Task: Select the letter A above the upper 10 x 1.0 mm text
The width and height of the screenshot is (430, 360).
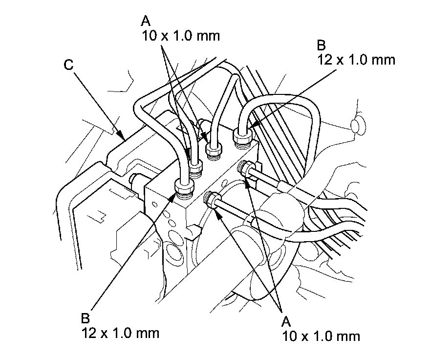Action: click(x=146, y=21)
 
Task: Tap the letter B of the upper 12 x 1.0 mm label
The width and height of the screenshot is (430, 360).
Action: click(x=321, y=45)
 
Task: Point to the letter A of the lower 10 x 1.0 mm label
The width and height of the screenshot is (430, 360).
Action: click(x=287, y=321)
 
